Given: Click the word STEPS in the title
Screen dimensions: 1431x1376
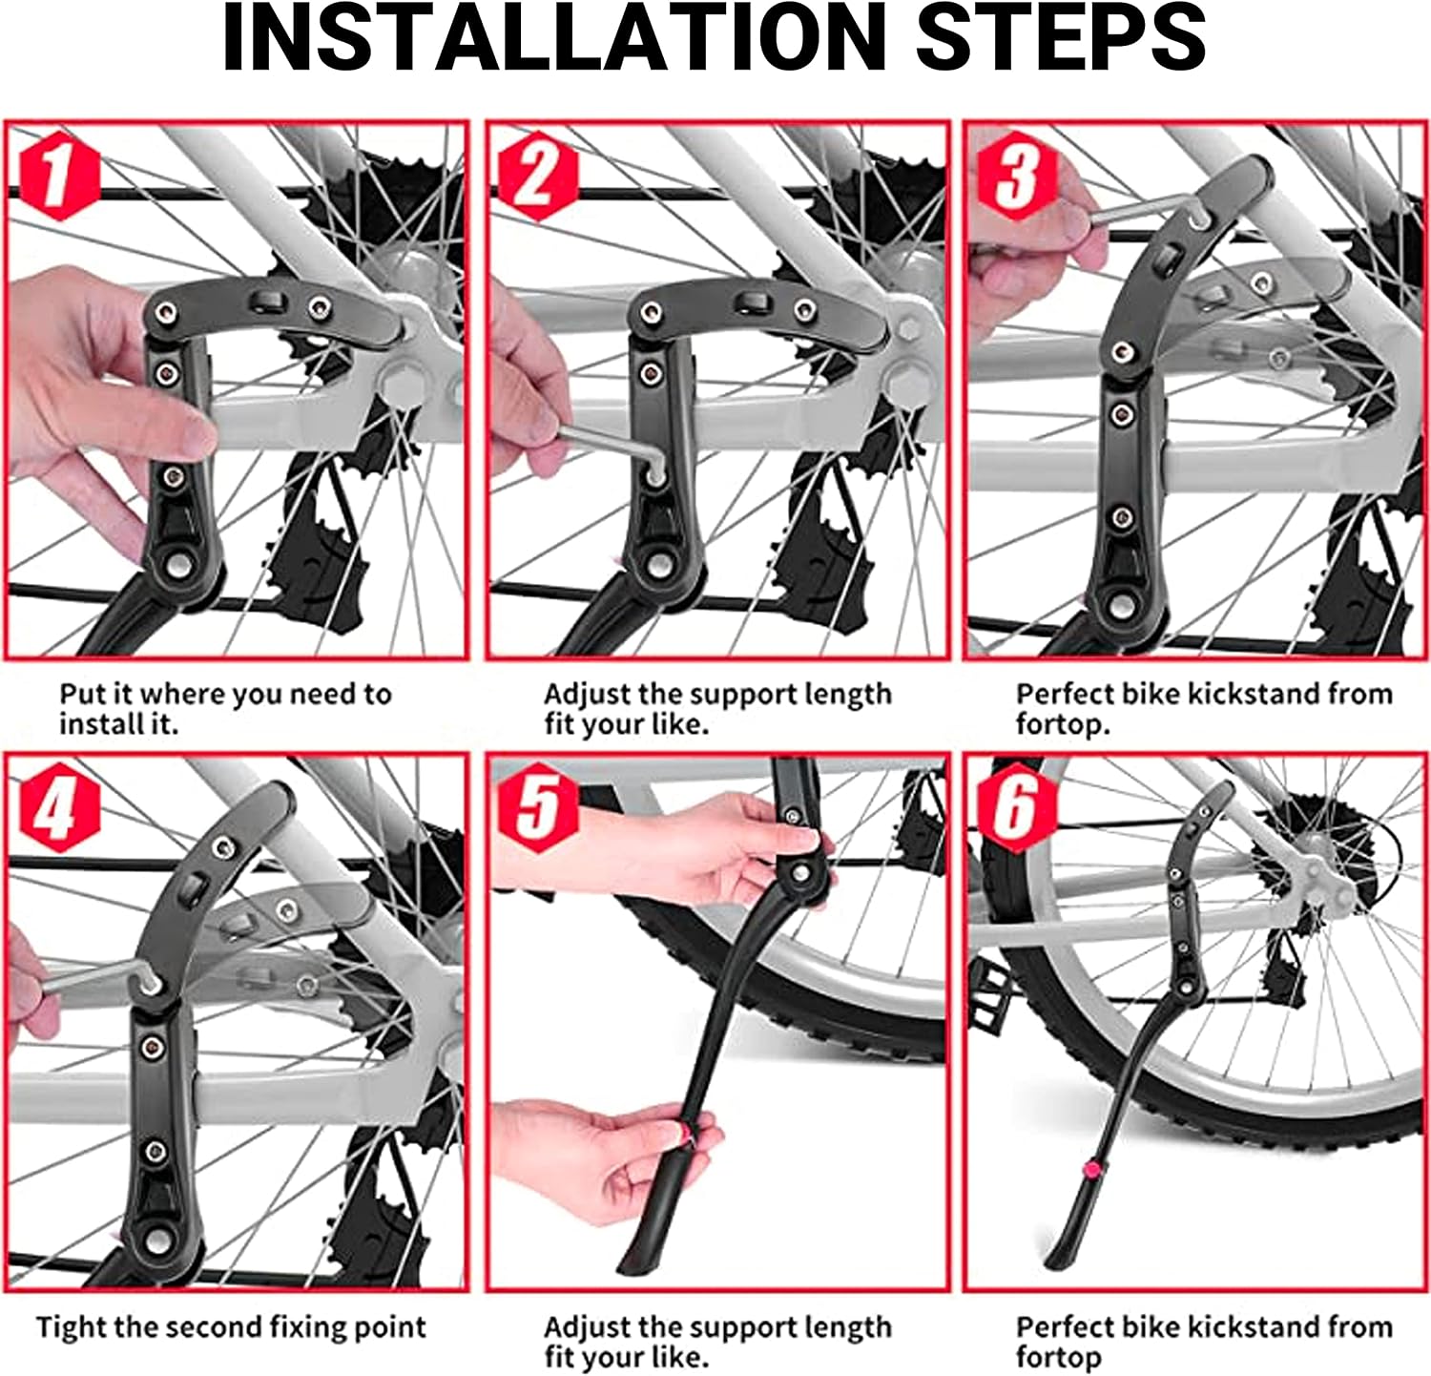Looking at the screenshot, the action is [x=1062, y=38].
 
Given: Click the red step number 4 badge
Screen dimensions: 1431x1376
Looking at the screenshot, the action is [x=60, y=807].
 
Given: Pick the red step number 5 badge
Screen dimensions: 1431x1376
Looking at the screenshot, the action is [x=538, y=807].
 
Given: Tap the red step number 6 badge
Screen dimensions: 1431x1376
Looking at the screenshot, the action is [x=1017, y=807].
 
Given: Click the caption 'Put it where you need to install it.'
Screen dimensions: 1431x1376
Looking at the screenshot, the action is [x=225, y=708].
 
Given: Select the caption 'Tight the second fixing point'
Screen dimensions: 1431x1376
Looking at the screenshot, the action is [x=231, y=1327].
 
